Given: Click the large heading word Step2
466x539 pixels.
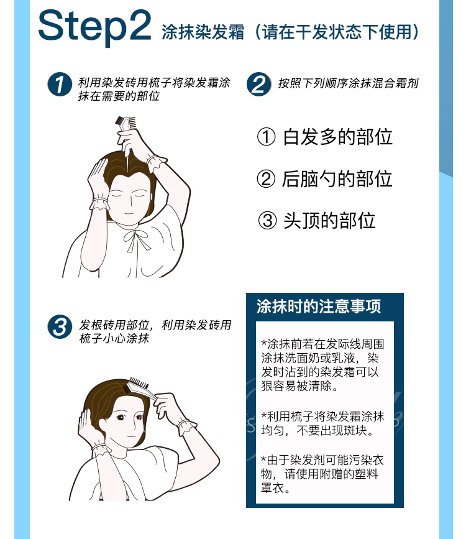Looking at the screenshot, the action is coord(94,27).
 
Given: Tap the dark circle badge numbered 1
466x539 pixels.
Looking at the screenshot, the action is coord(60,84).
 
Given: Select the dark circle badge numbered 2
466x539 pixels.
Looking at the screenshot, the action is coord(258,84).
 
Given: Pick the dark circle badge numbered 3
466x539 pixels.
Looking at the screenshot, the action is coord(60,326).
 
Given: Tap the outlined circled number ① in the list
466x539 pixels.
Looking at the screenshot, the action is coord(267,137).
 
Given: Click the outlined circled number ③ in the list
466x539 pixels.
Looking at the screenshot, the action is coord(267,220).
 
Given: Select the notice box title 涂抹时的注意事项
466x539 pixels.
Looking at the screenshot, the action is coord(319,306).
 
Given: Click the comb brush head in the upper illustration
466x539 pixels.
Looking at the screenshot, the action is coord(126,124).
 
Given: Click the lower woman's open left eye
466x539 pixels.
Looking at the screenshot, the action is coord(120,418).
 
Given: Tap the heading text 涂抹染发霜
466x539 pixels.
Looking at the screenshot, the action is coord(203,32).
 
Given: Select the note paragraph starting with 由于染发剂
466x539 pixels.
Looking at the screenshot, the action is coord(322,474).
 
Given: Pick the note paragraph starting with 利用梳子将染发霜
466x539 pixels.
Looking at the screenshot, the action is coord(322,423).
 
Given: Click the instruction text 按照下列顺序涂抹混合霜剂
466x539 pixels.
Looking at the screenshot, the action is coord(348,83).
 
